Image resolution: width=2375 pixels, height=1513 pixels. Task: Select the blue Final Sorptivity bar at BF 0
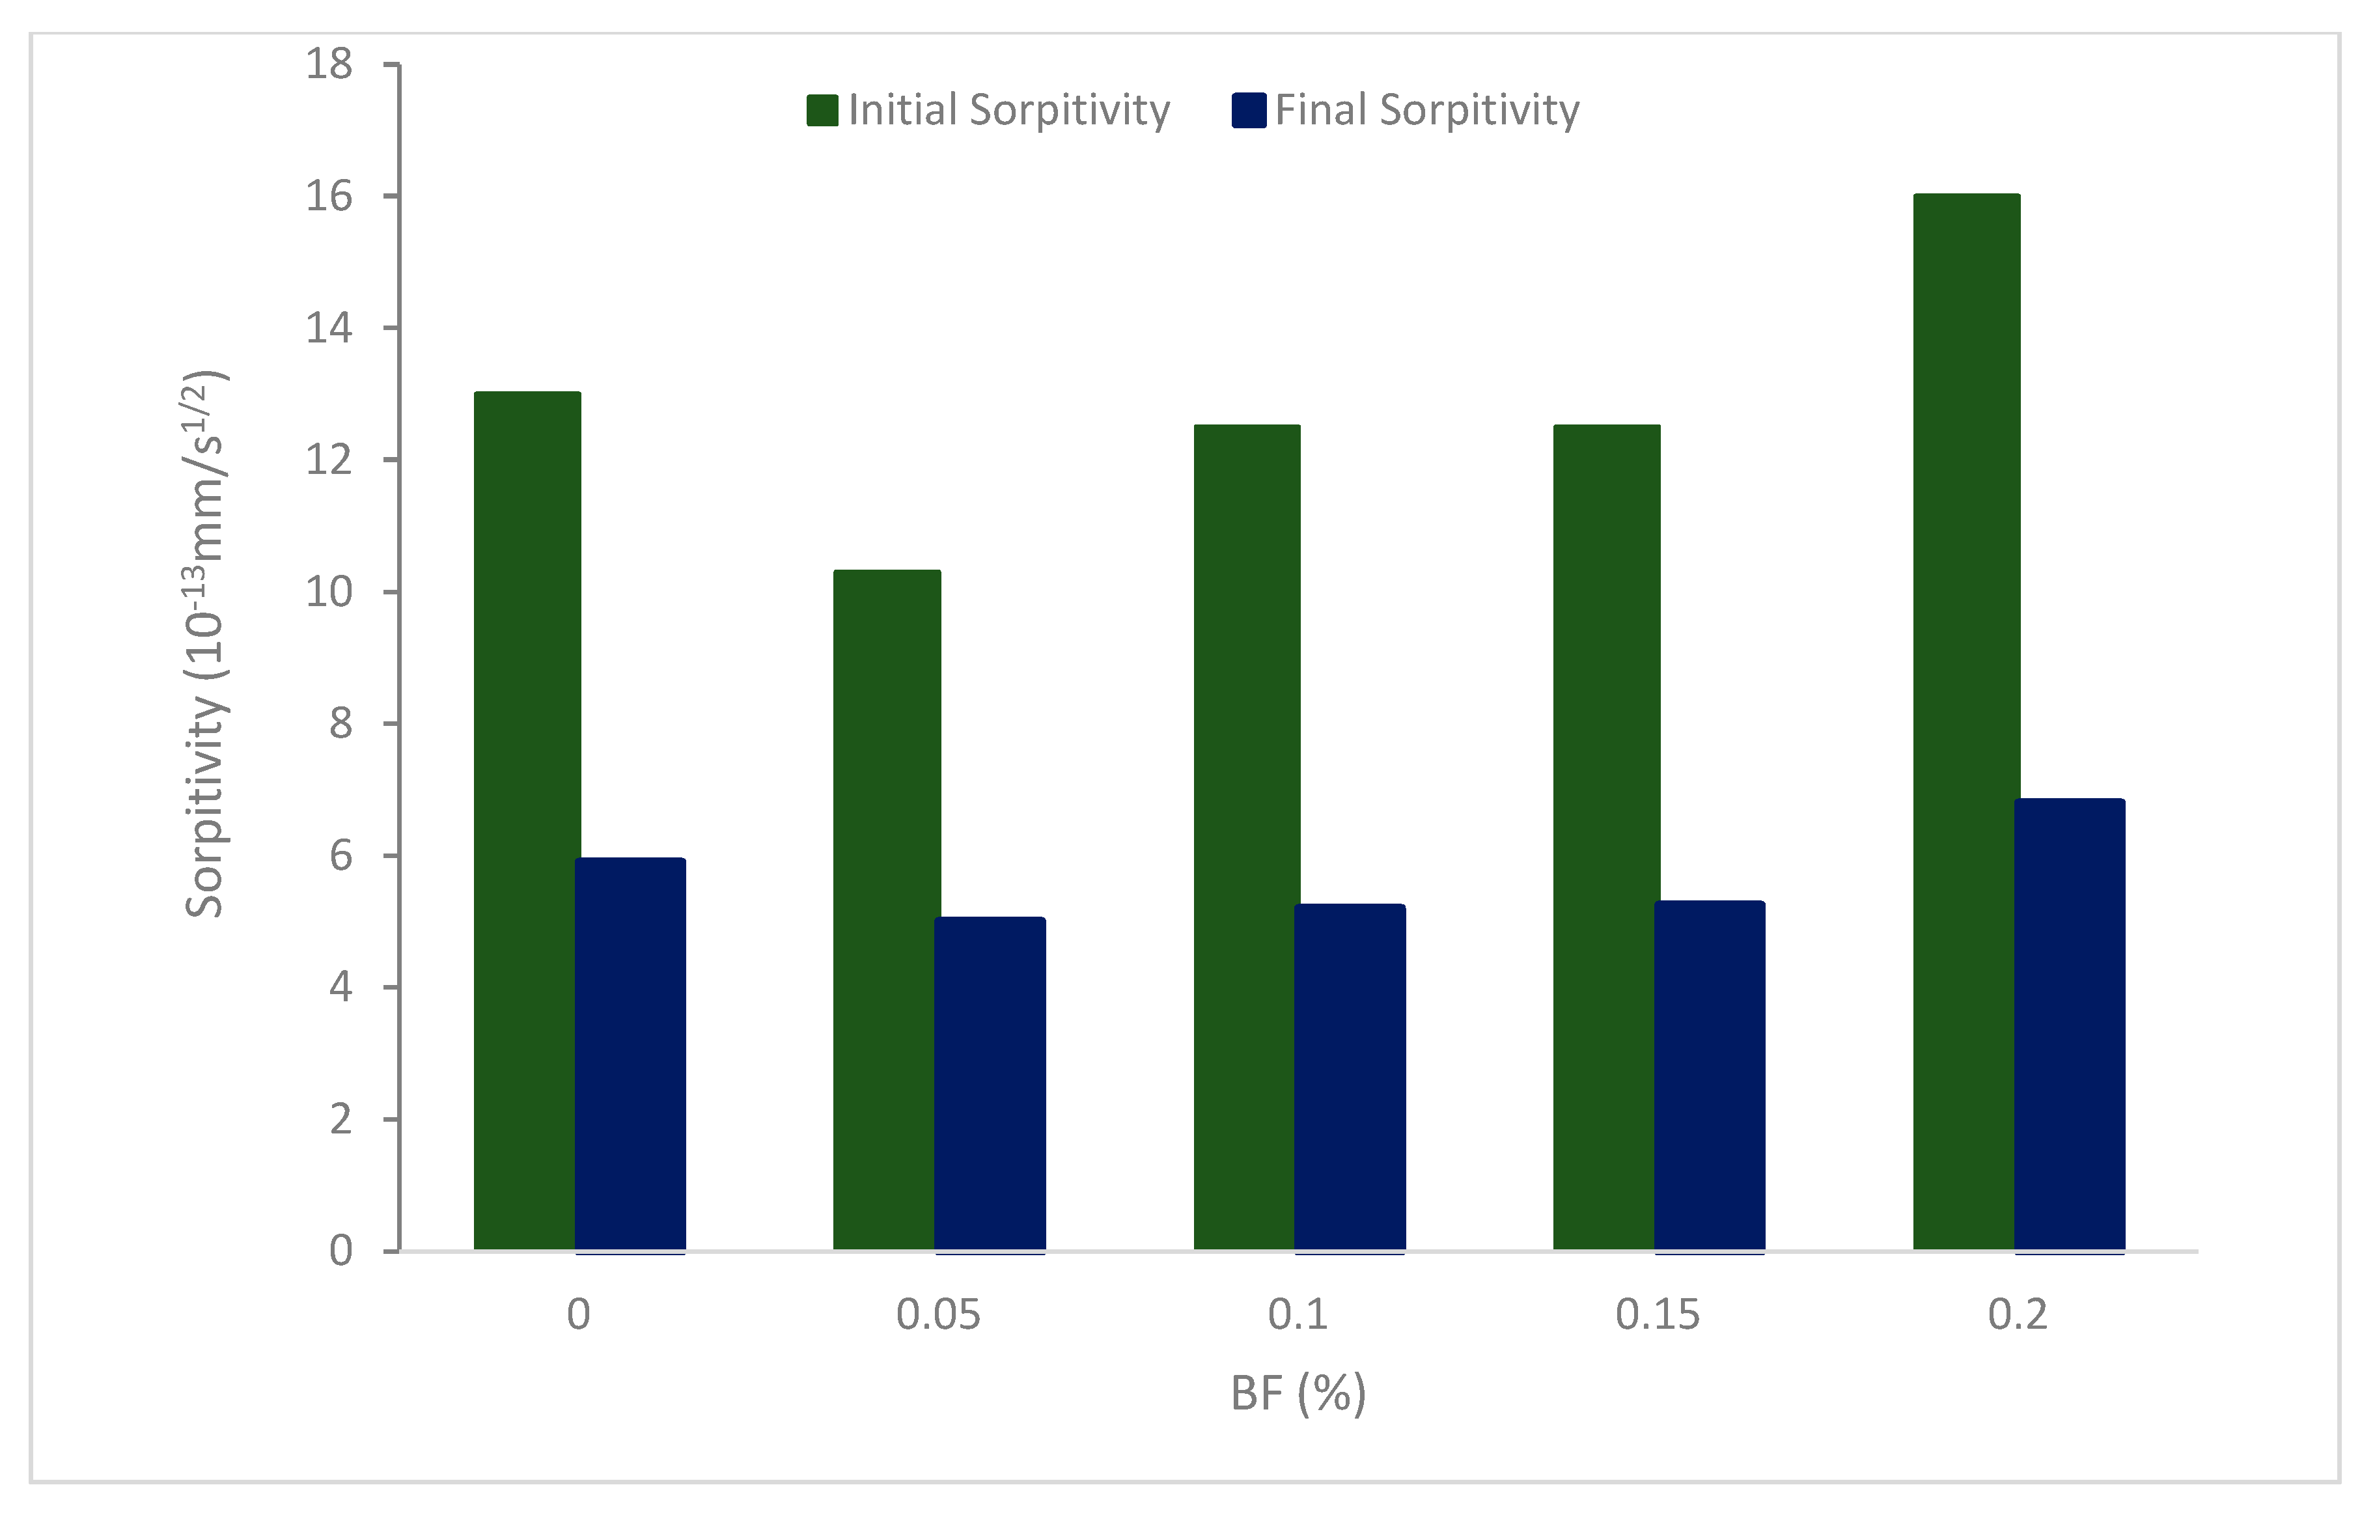(630, 1055)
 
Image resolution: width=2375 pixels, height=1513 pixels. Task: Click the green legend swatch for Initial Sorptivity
(822, 111)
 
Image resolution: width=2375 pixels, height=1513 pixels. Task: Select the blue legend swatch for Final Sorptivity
(1249, 111)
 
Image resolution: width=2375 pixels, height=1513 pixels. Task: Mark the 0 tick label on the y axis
(340, 1251)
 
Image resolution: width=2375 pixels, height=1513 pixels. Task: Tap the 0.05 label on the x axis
(938, 1314)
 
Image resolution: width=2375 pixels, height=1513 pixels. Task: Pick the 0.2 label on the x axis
(2018, 1314)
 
